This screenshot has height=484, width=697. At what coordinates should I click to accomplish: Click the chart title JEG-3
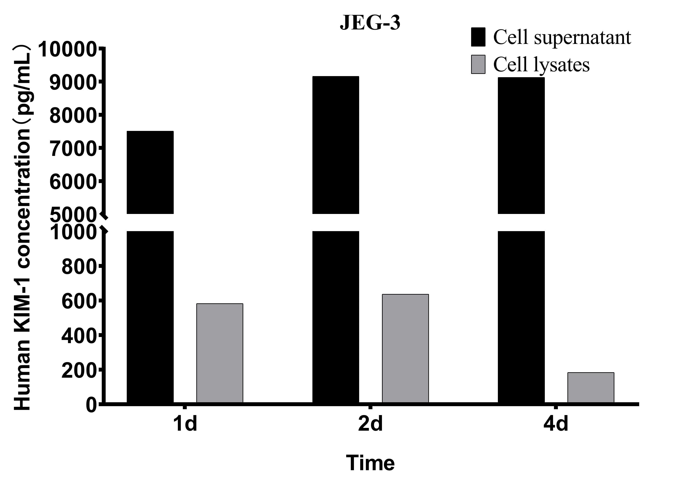pos(370,22)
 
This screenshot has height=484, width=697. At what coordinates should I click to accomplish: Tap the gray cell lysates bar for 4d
pos(591,387)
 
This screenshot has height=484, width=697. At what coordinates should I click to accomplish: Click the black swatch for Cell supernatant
pos(478,37)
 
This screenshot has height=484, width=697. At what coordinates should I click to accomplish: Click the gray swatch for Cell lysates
pos(478,64)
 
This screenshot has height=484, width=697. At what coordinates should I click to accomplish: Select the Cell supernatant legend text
pos(562,38)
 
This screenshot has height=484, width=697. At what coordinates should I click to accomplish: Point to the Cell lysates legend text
pos(541,65)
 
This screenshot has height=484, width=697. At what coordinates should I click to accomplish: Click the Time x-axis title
pos(370,463)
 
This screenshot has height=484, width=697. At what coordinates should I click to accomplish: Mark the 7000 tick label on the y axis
pos(73,149)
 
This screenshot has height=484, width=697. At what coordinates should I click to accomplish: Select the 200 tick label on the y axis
pos(79,370)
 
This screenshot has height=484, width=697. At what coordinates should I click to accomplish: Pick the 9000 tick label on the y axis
pos(73,82)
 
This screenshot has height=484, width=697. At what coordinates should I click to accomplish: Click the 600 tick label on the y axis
pos(79,301)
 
